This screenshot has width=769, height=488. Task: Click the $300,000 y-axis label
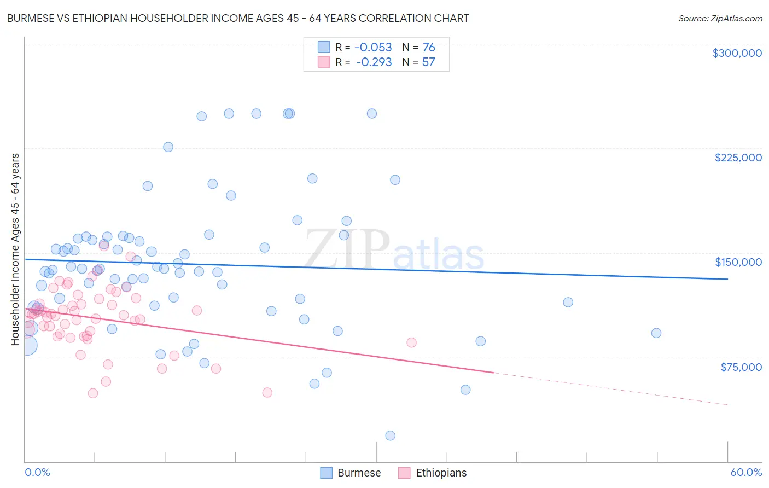coord(737,53)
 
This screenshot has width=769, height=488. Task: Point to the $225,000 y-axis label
coord(738,158)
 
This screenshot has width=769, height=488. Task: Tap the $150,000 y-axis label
coord(738,262)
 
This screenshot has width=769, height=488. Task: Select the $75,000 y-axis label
coord(741,367)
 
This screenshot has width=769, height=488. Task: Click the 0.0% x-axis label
coord(37,472)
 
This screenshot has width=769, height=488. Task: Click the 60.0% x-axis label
coord(746,472)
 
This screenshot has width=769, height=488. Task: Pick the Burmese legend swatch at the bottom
coord(327,473)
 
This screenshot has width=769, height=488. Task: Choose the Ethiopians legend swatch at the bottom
coord(404,473)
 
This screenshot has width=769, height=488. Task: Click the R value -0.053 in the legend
coord(373,48)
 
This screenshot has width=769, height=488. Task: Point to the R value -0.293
coord(373,62)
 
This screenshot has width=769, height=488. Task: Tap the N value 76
coord(429,48)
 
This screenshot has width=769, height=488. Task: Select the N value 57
coord(428,62)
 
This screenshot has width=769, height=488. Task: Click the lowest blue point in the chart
coord(390,435)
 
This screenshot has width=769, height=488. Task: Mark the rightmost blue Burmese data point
coord(656,333)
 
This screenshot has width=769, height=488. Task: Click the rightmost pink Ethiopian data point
coord(411,342)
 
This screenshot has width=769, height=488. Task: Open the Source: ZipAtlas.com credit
coord(720,18)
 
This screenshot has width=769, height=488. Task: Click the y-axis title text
coord(15,249)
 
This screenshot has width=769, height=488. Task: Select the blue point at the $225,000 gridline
coord(168,147)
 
